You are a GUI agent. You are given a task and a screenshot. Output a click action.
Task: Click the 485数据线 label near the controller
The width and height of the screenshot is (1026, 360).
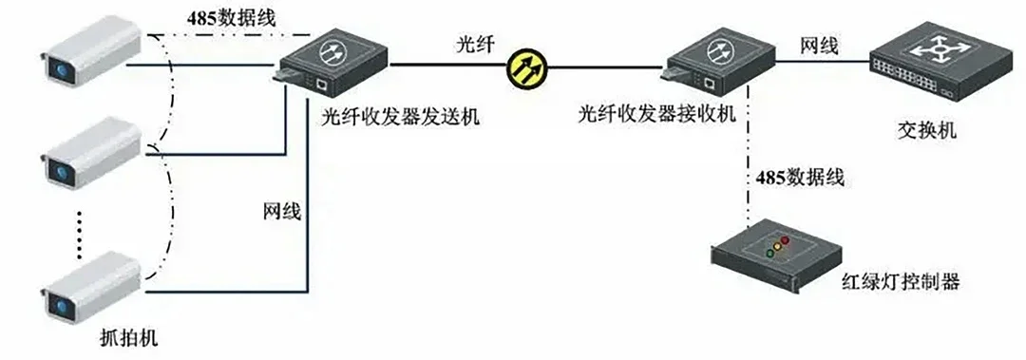click(x=801, y=177)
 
